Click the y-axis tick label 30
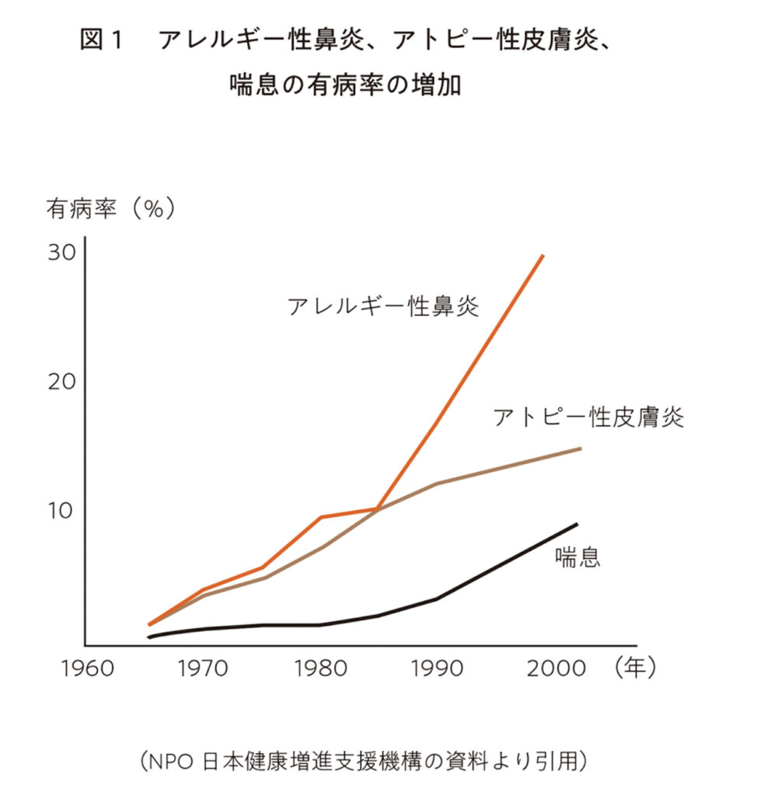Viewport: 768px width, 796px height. [x=59, y=253]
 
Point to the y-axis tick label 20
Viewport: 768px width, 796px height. [x=59, y=382]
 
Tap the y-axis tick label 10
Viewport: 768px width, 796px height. [x=59, y=511]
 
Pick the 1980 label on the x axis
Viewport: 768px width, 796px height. [x=321, y=669]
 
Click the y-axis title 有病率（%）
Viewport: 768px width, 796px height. [x=110, y=209]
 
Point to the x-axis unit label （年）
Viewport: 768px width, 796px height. [x=634, y=668]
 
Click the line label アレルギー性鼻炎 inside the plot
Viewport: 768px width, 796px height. [x=382, y=305]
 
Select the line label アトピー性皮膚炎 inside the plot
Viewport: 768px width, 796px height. [x=588, y=417]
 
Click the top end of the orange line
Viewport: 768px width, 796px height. [x=543, y=255]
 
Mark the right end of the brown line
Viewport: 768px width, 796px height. [x=580, y=449]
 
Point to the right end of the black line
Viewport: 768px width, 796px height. [x=577, y=524]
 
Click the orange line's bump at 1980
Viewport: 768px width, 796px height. [x=320, y=517]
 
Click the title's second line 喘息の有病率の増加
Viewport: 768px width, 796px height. [x=345, y=84]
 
